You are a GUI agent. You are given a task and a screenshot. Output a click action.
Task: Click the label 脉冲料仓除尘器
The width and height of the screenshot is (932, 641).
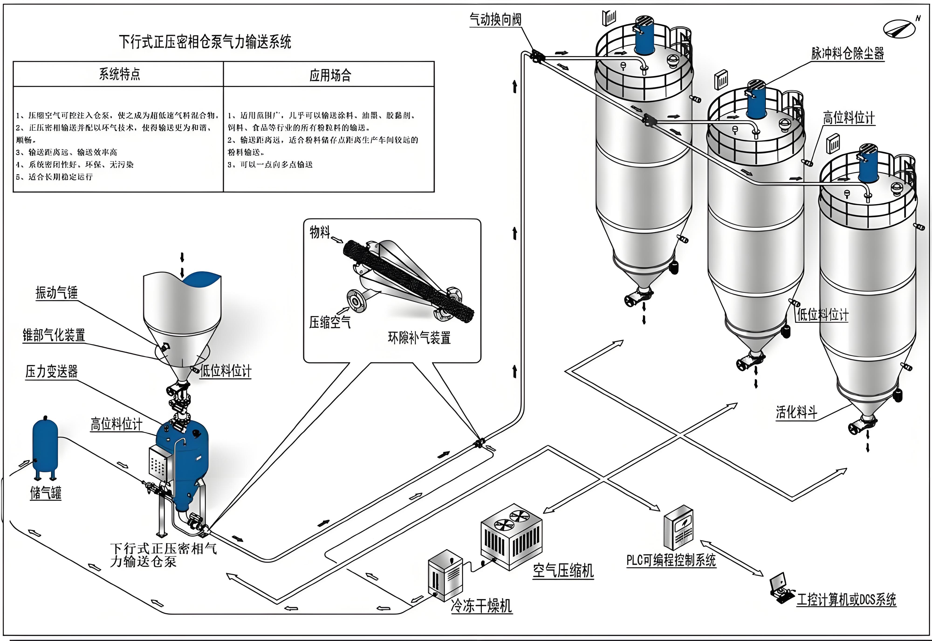coord(848,53)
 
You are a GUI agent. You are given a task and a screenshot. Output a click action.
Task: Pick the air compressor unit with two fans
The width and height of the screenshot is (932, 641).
coord(511,536)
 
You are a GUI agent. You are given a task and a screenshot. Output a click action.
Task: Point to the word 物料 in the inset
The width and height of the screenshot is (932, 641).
coord(319,232)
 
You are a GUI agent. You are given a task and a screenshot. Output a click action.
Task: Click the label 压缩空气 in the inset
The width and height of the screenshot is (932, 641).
coord(329,322)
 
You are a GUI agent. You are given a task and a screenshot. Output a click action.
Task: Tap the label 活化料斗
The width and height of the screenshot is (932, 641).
coord(796,412)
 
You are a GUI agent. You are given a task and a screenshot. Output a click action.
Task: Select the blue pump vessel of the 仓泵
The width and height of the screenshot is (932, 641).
coord(182,462)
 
